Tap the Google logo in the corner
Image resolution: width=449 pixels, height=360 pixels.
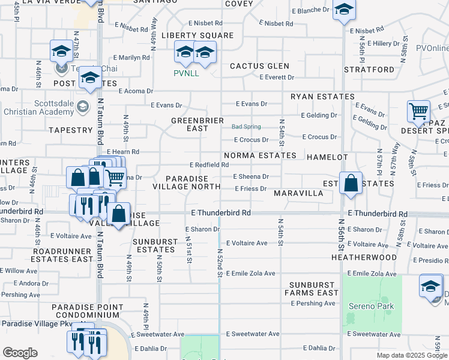[x=20, y=353]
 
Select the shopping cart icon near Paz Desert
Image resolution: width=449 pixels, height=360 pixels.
[x=418, y=110]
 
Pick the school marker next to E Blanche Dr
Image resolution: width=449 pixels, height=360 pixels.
[x=344, y=10]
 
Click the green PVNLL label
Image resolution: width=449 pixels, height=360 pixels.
[x=186, y=74]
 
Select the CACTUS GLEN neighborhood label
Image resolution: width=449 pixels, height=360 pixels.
[x=259, y=66]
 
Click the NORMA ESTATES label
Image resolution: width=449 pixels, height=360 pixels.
[x=260, y=155]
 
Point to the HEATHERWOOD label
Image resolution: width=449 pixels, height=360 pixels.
[x=364, y=257]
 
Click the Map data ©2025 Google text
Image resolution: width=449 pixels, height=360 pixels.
[x=411, y=355]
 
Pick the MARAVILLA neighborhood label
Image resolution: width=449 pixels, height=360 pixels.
[x=298, y=194]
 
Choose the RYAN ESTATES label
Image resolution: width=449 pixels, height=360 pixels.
[x=322, y=97]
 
